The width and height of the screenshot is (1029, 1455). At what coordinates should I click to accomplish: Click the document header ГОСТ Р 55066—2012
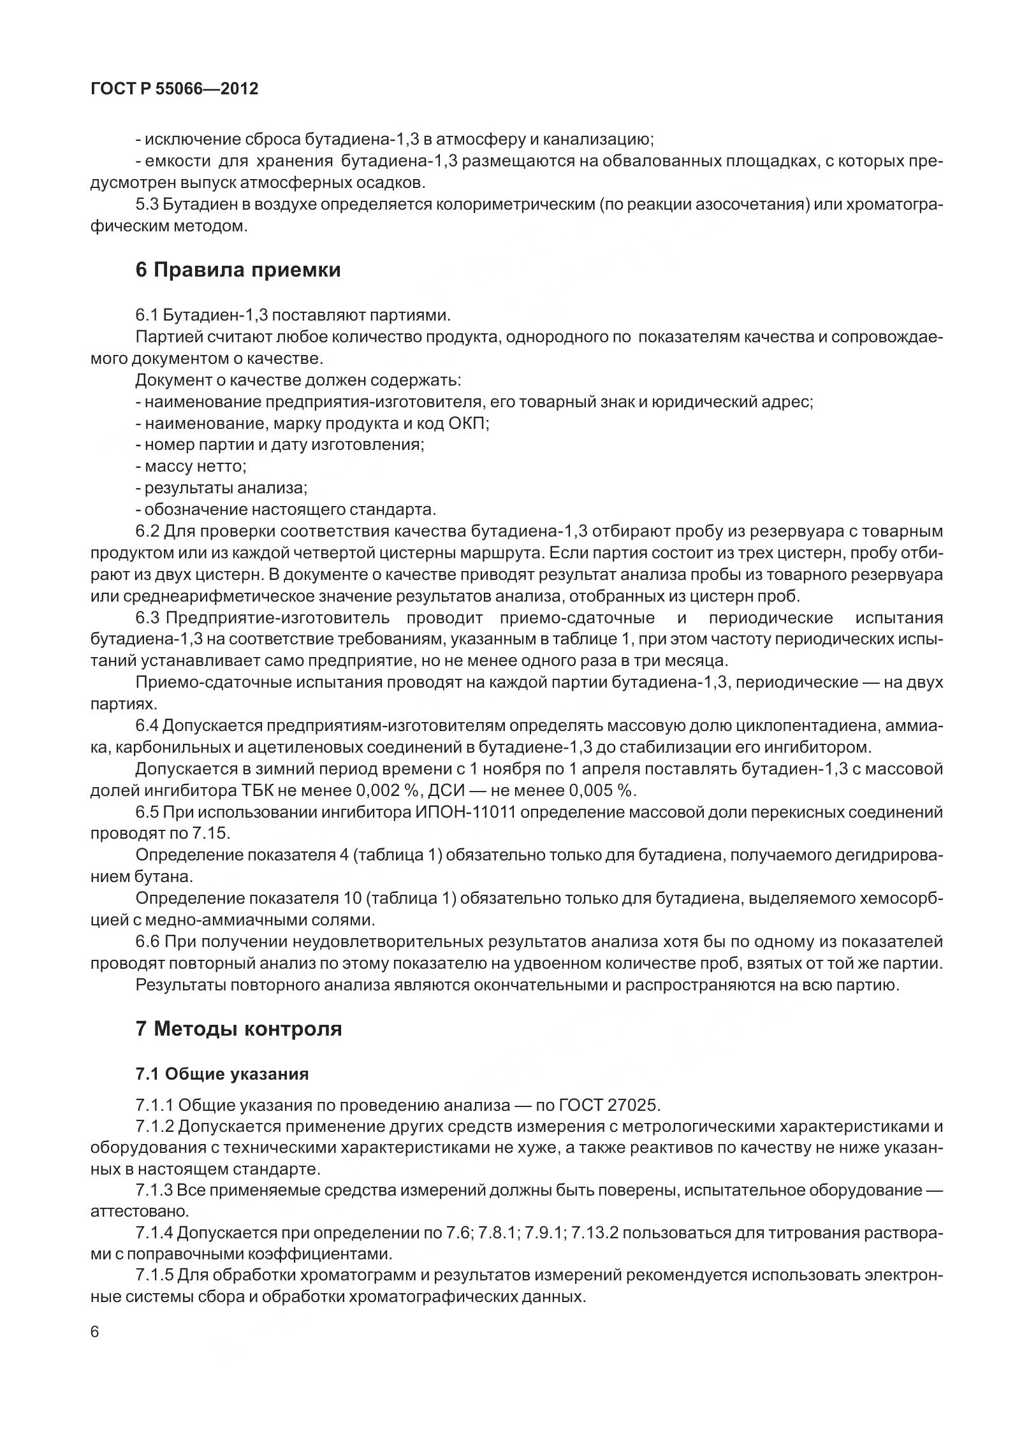click(x=175, y=89)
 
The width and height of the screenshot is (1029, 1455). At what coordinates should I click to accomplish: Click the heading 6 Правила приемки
click(x=238, y=270)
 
